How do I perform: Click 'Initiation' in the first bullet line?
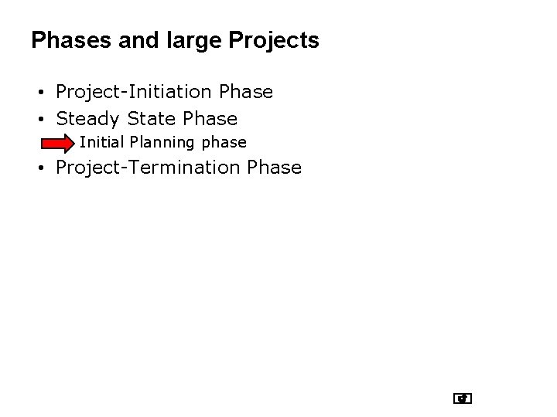click(174, 92)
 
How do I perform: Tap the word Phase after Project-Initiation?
click(246, 92)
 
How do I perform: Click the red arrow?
click(57, 144)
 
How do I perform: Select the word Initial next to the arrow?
click(102, 143)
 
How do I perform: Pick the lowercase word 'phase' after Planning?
click(224, 143)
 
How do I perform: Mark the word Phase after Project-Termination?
click(275, 168)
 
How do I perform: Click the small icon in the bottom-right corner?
click(463, 398)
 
